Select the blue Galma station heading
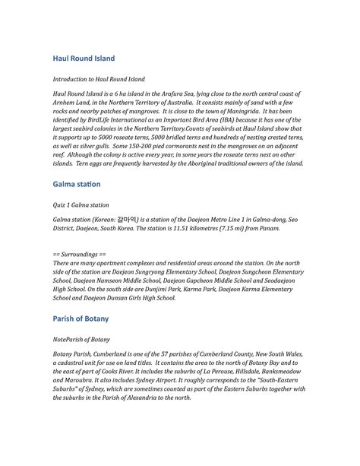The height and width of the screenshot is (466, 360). click(76, 185)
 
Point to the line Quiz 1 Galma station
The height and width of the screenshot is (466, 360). click(81, 205)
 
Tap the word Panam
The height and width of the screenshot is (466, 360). click(270, 227)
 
